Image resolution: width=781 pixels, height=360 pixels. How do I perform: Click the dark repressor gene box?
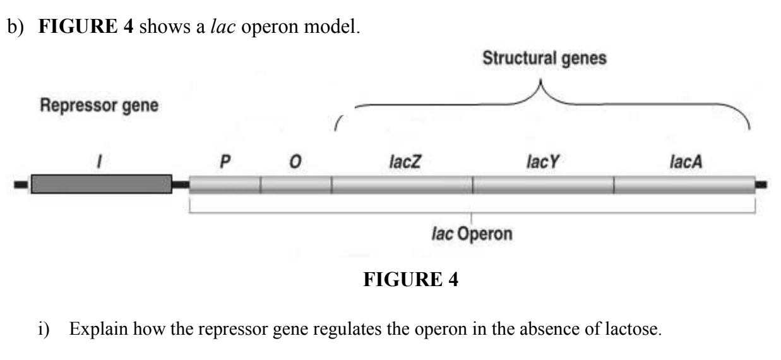(101, 184)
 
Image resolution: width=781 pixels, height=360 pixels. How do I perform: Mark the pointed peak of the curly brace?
(540, 83)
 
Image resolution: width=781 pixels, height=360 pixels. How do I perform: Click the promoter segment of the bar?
(225, 184)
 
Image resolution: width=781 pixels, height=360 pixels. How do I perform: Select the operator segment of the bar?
(295, 184)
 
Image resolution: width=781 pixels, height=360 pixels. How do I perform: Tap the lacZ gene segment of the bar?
(402, 184)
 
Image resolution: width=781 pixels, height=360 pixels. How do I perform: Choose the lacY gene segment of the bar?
(543, 184)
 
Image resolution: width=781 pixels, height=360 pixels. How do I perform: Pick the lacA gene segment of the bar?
(684, 184)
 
